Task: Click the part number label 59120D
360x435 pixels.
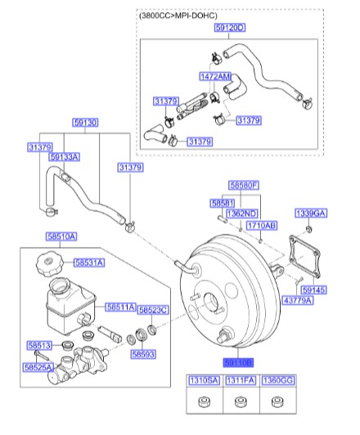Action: [x=231, y=27]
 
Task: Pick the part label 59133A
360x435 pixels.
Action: [x=64, y=157]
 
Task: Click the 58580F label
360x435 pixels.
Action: [x=243, y=186]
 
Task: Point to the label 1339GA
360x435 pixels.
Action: [x=310, y=212]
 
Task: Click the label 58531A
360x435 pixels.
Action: [x=88, y=262]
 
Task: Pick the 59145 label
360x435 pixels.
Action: [x=313, y=289]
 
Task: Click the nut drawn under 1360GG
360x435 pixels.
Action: [x=276, y=403]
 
